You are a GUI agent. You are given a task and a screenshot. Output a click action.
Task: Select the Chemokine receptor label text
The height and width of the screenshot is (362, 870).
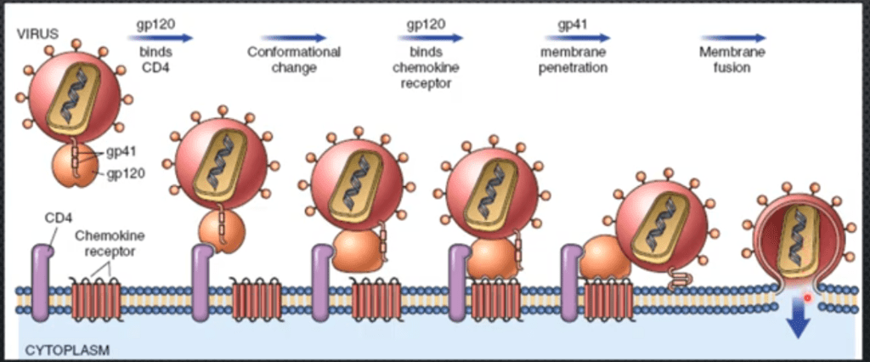(107, 240)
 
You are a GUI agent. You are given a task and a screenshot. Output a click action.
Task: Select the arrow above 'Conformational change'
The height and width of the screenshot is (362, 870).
(294, 37)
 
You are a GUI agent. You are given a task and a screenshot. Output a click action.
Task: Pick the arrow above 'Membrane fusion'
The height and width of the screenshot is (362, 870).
(733, 37)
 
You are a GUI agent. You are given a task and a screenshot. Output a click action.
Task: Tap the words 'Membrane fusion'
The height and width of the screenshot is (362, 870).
(733, 59)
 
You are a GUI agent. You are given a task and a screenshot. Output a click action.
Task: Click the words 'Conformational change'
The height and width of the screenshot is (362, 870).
(294, 59)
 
